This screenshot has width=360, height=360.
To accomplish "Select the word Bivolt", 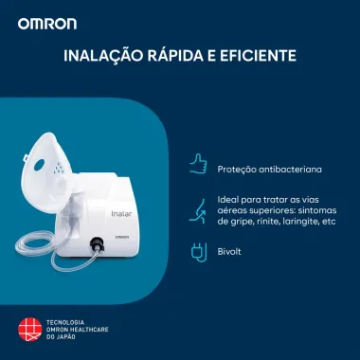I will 229,254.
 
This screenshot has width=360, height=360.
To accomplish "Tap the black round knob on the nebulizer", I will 97,243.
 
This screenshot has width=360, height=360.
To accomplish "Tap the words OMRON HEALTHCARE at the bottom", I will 79,330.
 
